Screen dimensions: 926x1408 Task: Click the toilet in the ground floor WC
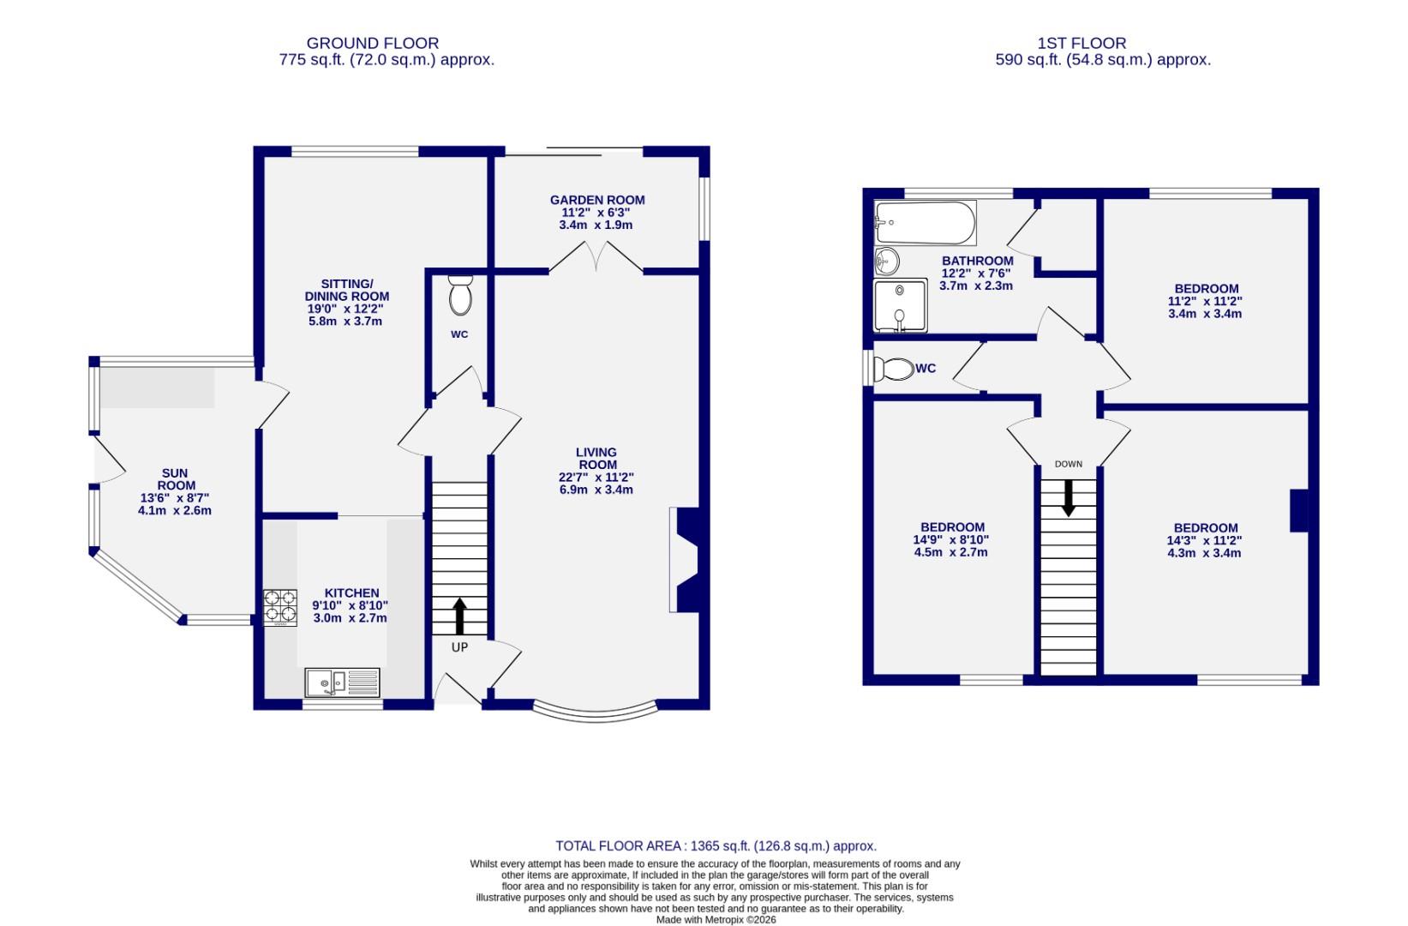coord(460,295)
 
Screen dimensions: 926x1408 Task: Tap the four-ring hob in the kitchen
coord(279,606)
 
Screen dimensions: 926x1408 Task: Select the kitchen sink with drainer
coord(342,682)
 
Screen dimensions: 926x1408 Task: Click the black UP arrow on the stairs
coord(458,616)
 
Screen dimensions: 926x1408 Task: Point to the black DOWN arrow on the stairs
coord(1068,498)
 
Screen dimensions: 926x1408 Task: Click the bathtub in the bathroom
coord(925,223)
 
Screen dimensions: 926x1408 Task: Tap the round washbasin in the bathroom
coord(886,259)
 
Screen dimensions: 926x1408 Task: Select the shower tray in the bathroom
coord(900,306)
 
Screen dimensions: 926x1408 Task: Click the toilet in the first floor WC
coord(892,369)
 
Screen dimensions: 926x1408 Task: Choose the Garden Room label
coord(597,200)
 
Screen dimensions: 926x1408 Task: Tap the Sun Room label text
coord(174,479)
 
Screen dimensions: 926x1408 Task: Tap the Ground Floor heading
coord(373,43)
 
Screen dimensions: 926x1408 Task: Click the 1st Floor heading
coord(1081,43)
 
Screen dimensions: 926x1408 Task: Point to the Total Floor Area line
coord(716,845)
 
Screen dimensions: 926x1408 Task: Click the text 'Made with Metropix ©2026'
coord(716,919)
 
